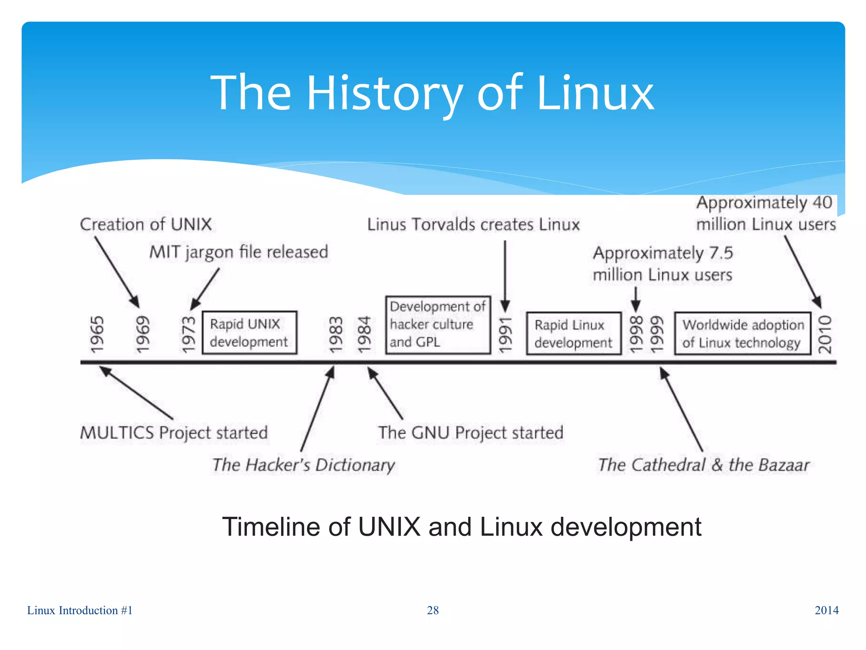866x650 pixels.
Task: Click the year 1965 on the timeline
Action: (x=97, y=334)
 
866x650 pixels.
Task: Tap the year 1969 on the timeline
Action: (x=143, y=334)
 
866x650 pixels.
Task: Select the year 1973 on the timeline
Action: (x=189, y=334)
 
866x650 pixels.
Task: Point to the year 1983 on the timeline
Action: (x=336, y=334)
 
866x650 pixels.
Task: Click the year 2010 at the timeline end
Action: (x=825, y=334)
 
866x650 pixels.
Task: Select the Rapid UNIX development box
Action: (x=249, y=333)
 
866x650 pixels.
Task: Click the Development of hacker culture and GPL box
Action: (x=438, y=325)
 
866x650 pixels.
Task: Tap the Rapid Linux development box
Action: (x=573, y=333)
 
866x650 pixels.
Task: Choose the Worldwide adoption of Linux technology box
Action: (x=743, y=333)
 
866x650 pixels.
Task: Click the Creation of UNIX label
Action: (x=146, y=224)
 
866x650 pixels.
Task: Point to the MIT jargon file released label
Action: (x=238, y=252)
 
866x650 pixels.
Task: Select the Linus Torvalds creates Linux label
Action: (x=473, y=224)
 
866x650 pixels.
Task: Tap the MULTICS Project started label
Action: (x=174, y=432)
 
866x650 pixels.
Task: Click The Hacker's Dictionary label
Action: (x=303, y=465)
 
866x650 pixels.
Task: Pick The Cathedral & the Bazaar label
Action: (x=703, y=465)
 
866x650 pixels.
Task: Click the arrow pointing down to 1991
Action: (x=505, y=275)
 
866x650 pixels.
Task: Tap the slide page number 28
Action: (x=433, y=610)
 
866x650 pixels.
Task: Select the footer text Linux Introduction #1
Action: (x=80, y=610)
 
